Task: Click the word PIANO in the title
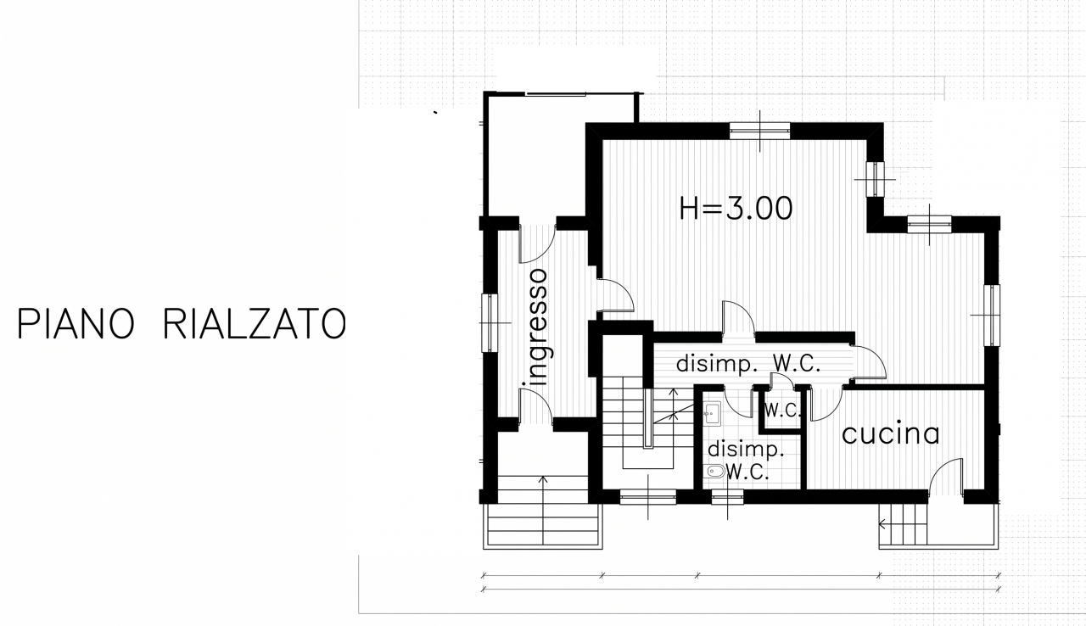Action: click(76, 323)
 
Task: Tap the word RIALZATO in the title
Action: click(255, 323)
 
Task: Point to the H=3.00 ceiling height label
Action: click(736, 209)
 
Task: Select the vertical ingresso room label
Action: click(538, 327)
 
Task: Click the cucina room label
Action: click(891, 433)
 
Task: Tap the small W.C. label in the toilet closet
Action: click(781, 411)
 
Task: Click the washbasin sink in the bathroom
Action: click(712, 413)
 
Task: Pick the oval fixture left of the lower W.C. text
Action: click(715, 471)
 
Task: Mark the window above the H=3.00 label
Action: click(759, 131)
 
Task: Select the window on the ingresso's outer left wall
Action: click(490, 322)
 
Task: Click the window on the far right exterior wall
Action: click(992, 315)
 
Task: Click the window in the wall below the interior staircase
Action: click(648, 497)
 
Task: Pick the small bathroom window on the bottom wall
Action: click(727, 497)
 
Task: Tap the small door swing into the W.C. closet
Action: click(782, 381)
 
